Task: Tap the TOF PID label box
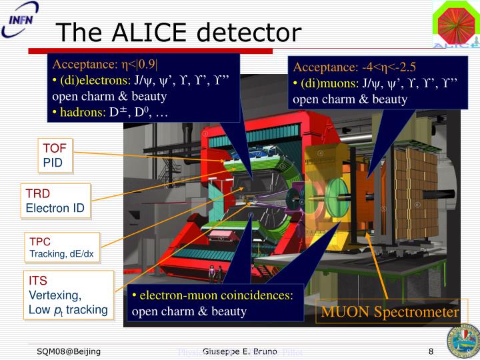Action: pos(55,156)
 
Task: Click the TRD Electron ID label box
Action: pos(55,201)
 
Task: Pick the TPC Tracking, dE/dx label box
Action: pos(61,247)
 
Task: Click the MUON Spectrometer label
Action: pos(390,312)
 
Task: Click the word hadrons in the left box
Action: pos(83,111)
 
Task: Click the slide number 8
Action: pos(431,351)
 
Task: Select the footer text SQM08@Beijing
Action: pos(69,351)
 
